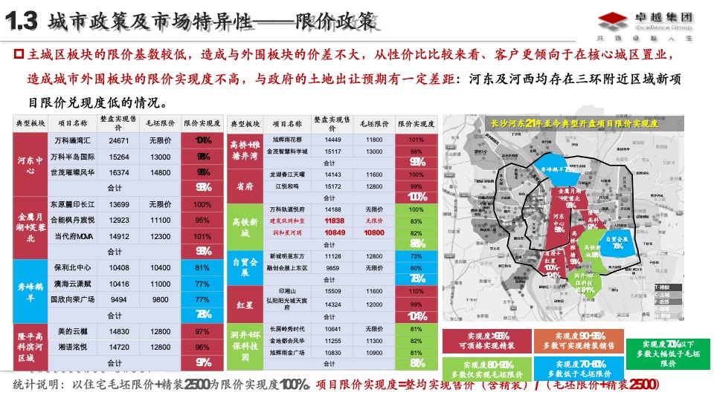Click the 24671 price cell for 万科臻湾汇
click(119, 140)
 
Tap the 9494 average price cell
click(119, 299)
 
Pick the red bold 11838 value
click(334, 221)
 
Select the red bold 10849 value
click(334, 232)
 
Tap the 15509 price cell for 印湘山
click(334, 291)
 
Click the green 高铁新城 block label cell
click(245, 227)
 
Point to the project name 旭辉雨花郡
click(287, 140)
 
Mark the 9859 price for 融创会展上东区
click(334, 267)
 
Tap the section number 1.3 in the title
click(22, 23)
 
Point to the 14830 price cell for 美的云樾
click(119, 331)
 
